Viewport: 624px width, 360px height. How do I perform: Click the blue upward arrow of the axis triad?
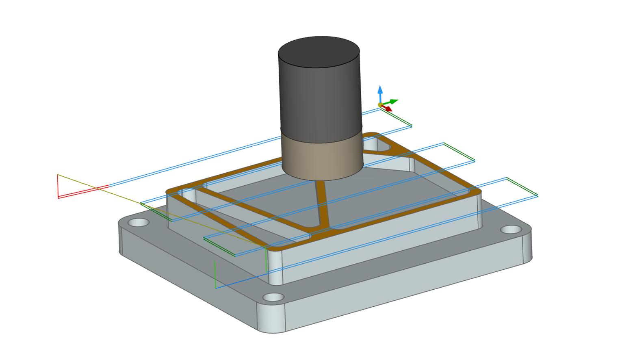click(x=380, y=91)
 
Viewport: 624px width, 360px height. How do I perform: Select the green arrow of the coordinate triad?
click(x=392, y=101)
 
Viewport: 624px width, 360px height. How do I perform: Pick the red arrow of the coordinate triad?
click(x=388, y=108)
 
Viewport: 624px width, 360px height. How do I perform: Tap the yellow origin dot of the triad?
click(x=380, y=105)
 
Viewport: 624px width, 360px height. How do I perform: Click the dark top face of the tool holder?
click(x=319, y=53)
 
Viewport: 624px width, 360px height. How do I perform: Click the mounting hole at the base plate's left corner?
click(x=139, y=223)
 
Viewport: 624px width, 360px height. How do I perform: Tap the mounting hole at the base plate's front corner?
click(x=274, y=297)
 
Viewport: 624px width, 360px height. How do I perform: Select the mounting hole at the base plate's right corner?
click(x=510, y=230)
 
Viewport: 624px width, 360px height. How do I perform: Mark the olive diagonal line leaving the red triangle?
click(x=162, y=212)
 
